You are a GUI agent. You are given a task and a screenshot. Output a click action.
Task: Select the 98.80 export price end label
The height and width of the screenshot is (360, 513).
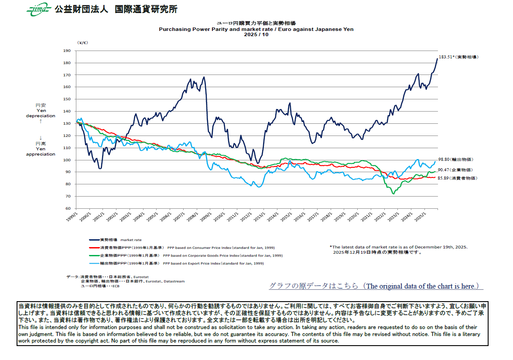[455, 160]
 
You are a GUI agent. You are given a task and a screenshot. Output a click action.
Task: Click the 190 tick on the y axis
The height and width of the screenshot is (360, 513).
[67, 51]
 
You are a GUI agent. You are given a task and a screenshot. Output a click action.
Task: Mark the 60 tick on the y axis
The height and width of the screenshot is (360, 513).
[68, 208]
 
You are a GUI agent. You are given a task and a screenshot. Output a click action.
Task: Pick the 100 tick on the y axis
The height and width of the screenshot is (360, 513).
[67, 160]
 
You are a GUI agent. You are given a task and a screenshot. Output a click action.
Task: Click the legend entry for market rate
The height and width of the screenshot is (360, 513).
[115, 240]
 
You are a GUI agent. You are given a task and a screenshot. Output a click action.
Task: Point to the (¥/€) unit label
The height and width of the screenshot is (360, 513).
[82, 43]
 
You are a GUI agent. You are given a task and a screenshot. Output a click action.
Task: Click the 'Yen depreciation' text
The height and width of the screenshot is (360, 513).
[41, 113]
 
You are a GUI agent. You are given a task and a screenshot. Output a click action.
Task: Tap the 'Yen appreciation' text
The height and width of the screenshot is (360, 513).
[41, 151]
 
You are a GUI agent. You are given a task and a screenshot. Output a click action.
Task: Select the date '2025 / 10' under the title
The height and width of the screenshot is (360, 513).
[256, 34]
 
